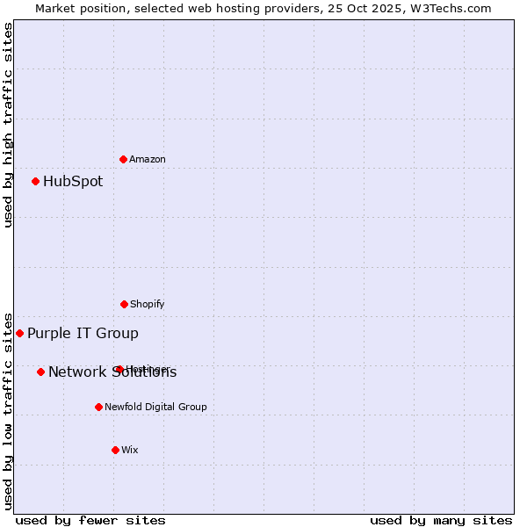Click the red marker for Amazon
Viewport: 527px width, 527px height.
click(x=123, y=159)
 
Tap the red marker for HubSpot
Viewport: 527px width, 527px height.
click(x=35, y=182)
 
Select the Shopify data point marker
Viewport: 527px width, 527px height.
click(x=124, y=304)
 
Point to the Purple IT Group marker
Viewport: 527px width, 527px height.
click(x=19, y=333)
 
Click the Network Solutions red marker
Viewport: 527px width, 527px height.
click(x=40, y=372)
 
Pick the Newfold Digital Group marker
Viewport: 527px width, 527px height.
click(x=98, y=407)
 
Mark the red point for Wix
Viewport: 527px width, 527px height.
click(x=115, y=450)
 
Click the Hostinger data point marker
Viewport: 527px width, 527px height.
click(x=119, y=369)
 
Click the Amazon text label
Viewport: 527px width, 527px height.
click(x=148, y=159)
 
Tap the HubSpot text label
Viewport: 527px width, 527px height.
click(x=73, y=182)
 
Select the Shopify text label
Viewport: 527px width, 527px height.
click(x=147, y=304)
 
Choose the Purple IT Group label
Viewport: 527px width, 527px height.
click(x=83, y=333)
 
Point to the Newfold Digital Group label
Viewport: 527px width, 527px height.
click(x=155, y=407)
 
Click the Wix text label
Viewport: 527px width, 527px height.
click(x=129, y=450)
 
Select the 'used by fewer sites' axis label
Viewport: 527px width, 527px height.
click(x=90, y=520)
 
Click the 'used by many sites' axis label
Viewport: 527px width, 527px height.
click(x=441, y=520)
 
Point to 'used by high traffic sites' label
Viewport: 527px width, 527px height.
click(x=8, y=125)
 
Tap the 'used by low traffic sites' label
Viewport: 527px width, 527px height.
click(x=8, y=411)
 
